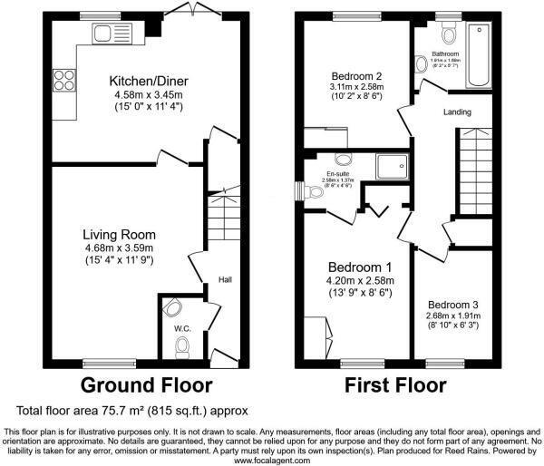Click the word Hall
pyautogui.click(x=226, y=280)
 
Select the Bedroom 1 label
pyautogui.click(x=359, y=267)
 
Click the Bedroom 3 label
pyautogui.click(x=453, y=305)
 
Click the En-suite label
pyautogui.click(x=339, y=171)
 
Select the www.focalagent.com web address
pyautogui.click(x=272, y=460)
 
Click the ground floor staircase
pyautogui.click(x=220, y=217)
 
